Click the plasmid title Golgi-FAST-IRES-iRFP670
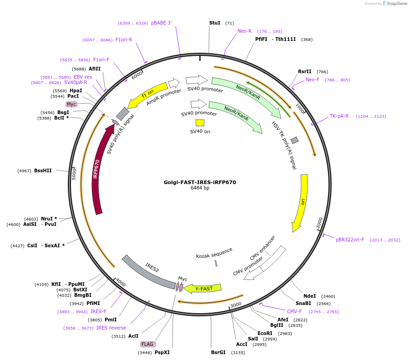[x=200, y=182]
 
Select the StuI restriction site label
[x=215, y=23]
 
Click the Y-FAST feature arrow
[x=203, y=288]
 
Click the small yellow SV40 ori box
[x=200, y=123]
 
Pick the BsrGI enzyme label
[x=218, y=352]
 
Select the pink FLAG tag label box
[x=148, y=344]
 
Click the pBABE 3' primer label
[x=162, y=23]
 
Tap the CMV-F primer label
[x=294, y=311]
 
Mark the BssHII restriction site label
[x=43, y=170]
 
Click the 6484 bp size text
[x=200, y=188]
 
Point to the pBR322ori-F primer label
[x=350, y=240]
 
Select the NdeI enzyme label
[x=309, y=296]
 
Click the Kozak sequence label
[x=214, y=253]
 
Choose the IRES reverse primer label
[x=111, y=328]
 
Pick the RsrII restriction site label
[x=305, y=71]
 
